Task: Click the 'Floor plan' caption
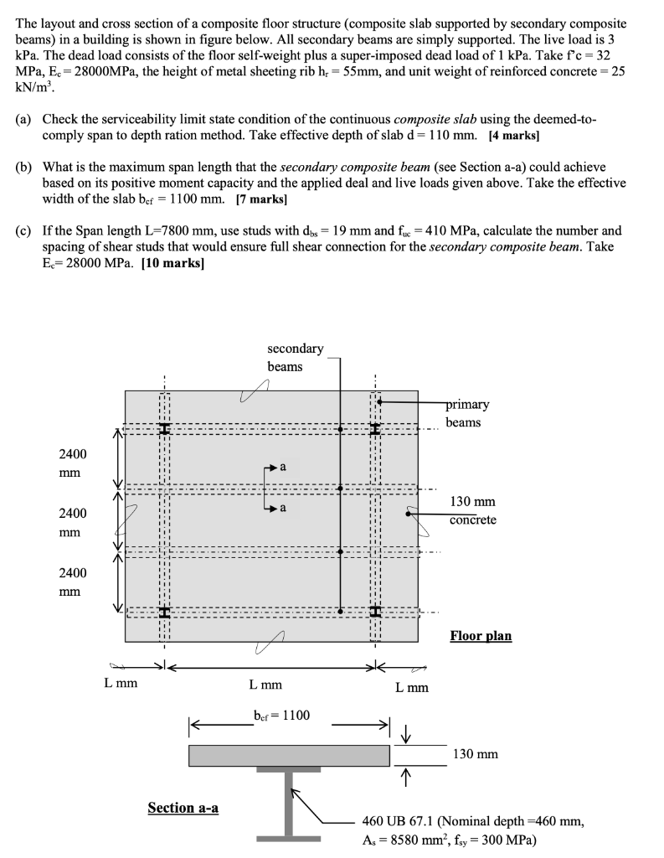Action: coord(481,636)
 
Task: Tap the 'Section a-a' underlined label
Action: coord(183,808)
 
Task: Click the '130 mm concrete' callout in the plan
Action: coord(472,510)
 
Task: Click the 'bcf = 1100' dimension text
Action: coord(281,715)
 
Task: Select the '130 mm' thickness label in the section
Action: coord(475,754)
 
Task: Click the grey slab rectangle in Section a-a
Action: coord(289,755)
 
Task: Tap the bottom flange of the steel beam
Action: coord(289,838)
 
